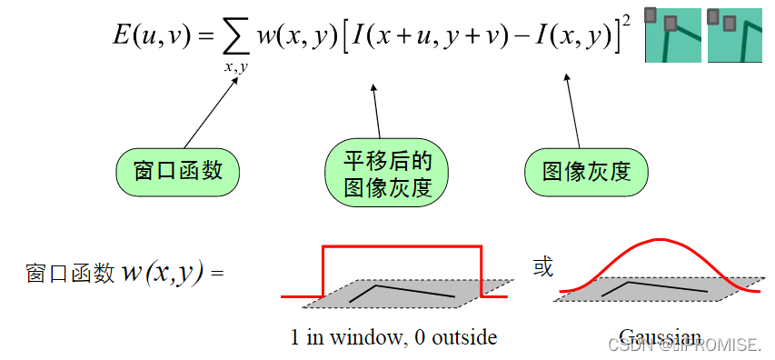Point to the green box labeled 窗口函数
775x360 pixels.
[178, 171]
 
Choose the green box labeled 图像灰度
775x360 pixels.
[586, 171]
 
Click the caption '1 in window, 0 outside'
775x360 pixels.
[393, 337]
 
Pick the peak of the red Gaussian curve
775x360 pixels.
[656, 240]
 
